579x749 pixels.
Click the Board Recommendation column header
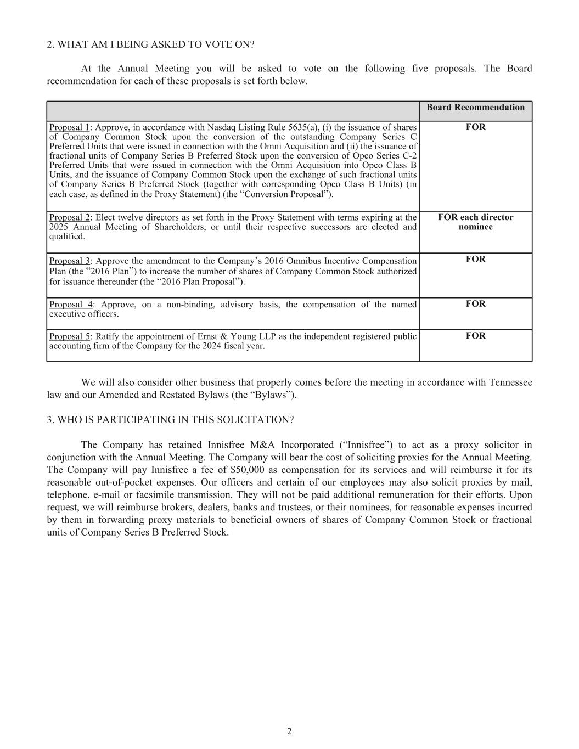475,108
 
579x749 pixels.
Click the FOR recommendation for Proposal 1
475,127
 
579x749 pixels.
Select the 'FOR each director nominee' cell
475,222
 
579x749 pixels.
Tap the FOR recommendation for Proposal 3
475,259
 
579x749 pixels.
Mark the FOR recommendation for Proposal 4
475,304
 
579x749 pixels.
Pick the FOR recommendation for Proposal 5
475,336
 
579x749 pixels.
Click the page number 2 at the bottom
289,731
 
